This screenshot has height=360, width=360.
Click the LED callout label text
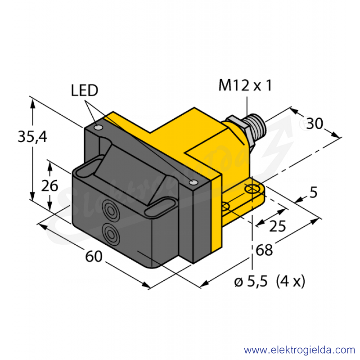(x=85, y=90)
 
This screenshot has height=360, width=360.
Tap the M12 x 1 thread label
(x=245, y=85)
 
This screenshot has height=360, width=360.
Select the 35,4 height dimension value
(x=32, y=137)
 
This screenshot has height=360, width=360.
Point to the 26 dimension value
(x=49, y=186)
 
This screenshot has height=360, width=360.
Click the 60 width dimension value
(x=94, y=256)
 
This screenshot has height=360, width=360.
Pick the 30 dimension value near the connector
(x=315, y=123)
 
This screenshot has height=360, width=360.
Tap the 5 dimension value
(x=314, y=192)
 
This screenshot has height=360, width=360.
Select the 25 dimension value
(x=277, y=226)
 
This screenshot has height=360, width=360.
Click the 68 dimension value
(x=264, y=250)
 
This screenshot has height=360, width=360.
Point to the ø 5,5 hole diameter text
(x=251, y=281)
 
